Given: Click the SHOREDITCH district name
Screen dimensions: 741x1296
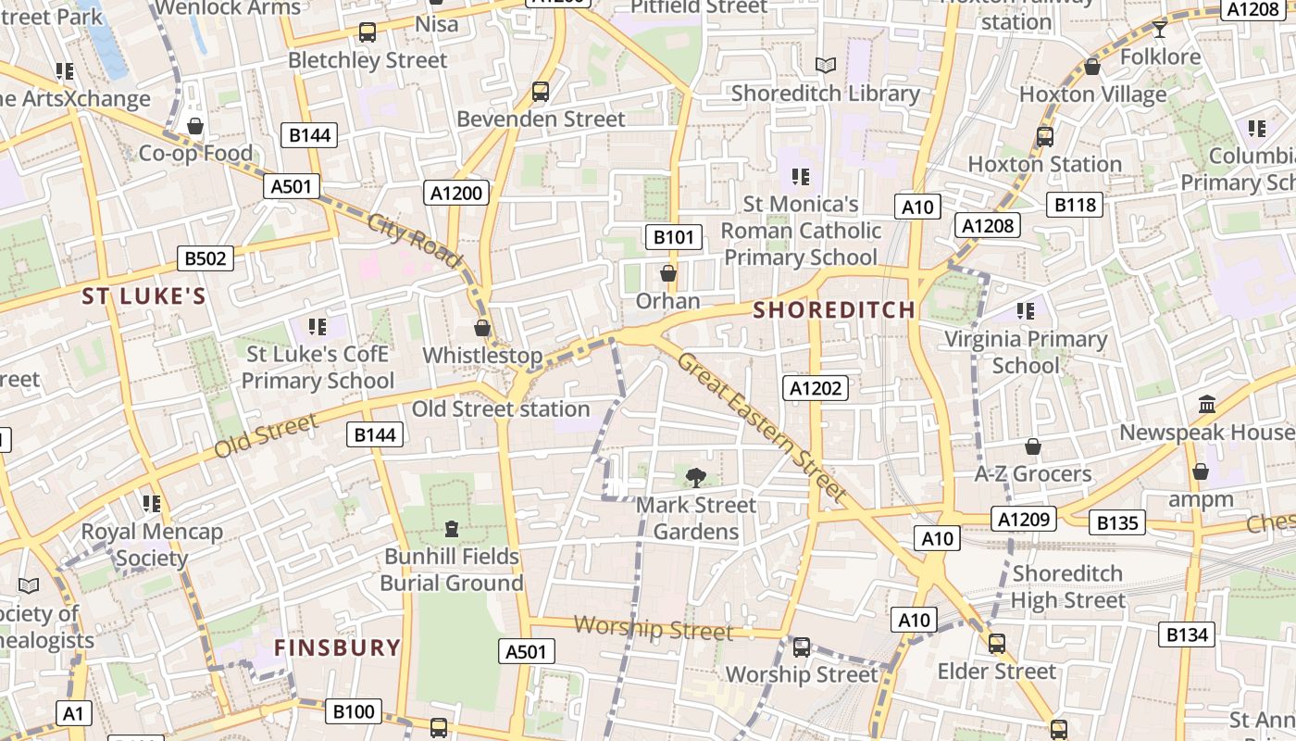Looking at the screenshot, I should tap(834, 309).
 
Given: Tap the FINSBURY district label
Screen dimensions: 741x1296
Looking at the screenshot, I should tap(337, 647).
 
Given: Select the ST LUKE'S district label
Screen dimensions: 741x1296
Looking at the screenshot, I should tap(143, 296).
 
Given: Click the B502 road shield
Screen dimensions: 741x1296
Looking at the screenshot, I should tap(206, 258).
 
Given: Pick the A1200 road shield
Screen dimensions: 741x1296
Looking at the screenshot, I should tap(457, 193).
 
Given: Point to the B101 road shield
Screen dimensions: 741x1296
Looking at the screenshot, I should tap(673, 237).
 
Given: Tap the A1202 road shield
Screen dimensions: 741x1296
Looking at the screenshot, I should tap(815, 388).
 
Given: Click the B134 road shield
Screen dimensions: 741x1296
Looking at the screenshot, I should tap(1187, 634).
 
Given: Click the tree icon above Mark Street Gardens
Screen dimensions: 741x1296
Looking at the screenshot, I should tap(695, 477).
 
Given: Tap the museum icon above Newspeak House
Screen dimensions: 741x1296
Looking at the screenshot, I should tap(1207, 405).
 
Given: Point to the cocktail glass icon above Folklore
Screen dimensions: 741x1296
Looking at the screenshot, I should tap(1159, 29).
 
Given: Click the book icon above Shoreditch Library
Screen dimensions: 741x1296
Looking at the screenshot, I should tap(825, 65).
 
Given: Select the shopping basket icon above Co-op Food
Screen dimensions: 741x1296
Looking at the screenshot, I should tap(195, 125).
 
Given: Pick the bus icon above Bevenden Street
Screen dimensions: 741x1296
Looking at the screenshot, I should tap(541, 92).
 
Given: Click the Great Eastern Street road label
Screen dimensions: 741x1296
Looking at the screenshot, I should tap(762, 427).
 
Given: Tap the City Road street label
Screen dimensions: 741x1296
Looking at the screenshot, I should tap(413, 241).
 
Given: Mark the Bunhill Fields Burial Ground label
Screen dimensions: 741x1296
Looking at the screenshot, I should tap(452, 570).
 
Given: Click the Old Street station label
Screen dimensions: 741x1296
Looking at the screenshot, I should tap(501, 408).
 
